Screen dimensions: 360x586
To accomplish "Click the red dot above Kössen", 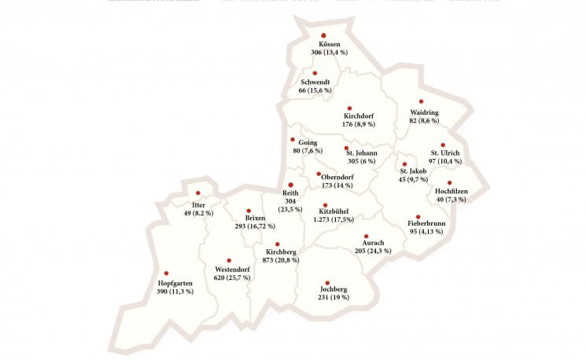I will (323, 35).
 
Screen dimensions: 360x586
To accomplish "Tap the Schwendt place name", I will (315, 82).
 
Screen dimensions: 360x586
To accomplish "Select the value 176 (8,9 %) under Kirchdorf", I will (359, 124).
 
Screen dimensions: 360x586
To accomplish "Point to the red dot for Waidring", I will (422, 101).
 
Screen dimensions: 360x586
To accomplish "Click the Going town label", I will (308, 142).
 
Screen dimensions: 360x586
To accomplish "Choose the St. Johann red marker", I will (346, 148).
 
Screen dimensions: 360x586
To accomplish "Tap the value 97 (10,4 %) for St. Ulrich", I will (445, 161).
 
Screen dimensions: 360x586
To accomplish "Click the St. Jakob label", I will (413, 171).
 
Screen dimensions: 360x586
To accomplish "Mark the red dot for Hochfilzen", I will (449, 182).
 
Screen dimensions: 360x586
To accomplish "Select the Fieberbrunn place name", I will (426, 223).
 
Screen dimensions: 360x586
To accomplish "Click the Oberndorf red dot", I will (319, 174).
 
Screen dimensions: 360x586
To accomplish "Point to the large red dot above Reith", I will (291, 185).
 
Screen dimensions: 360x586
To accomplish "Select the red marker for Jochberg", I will (327, 282).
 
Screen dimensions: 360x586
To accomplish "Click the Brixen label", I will (255, 218).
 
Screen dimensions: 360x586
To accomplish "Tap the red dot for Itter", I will (198, 193).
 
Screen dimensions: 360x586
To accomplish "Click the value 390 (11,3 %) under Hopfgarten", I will (175, 291).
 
